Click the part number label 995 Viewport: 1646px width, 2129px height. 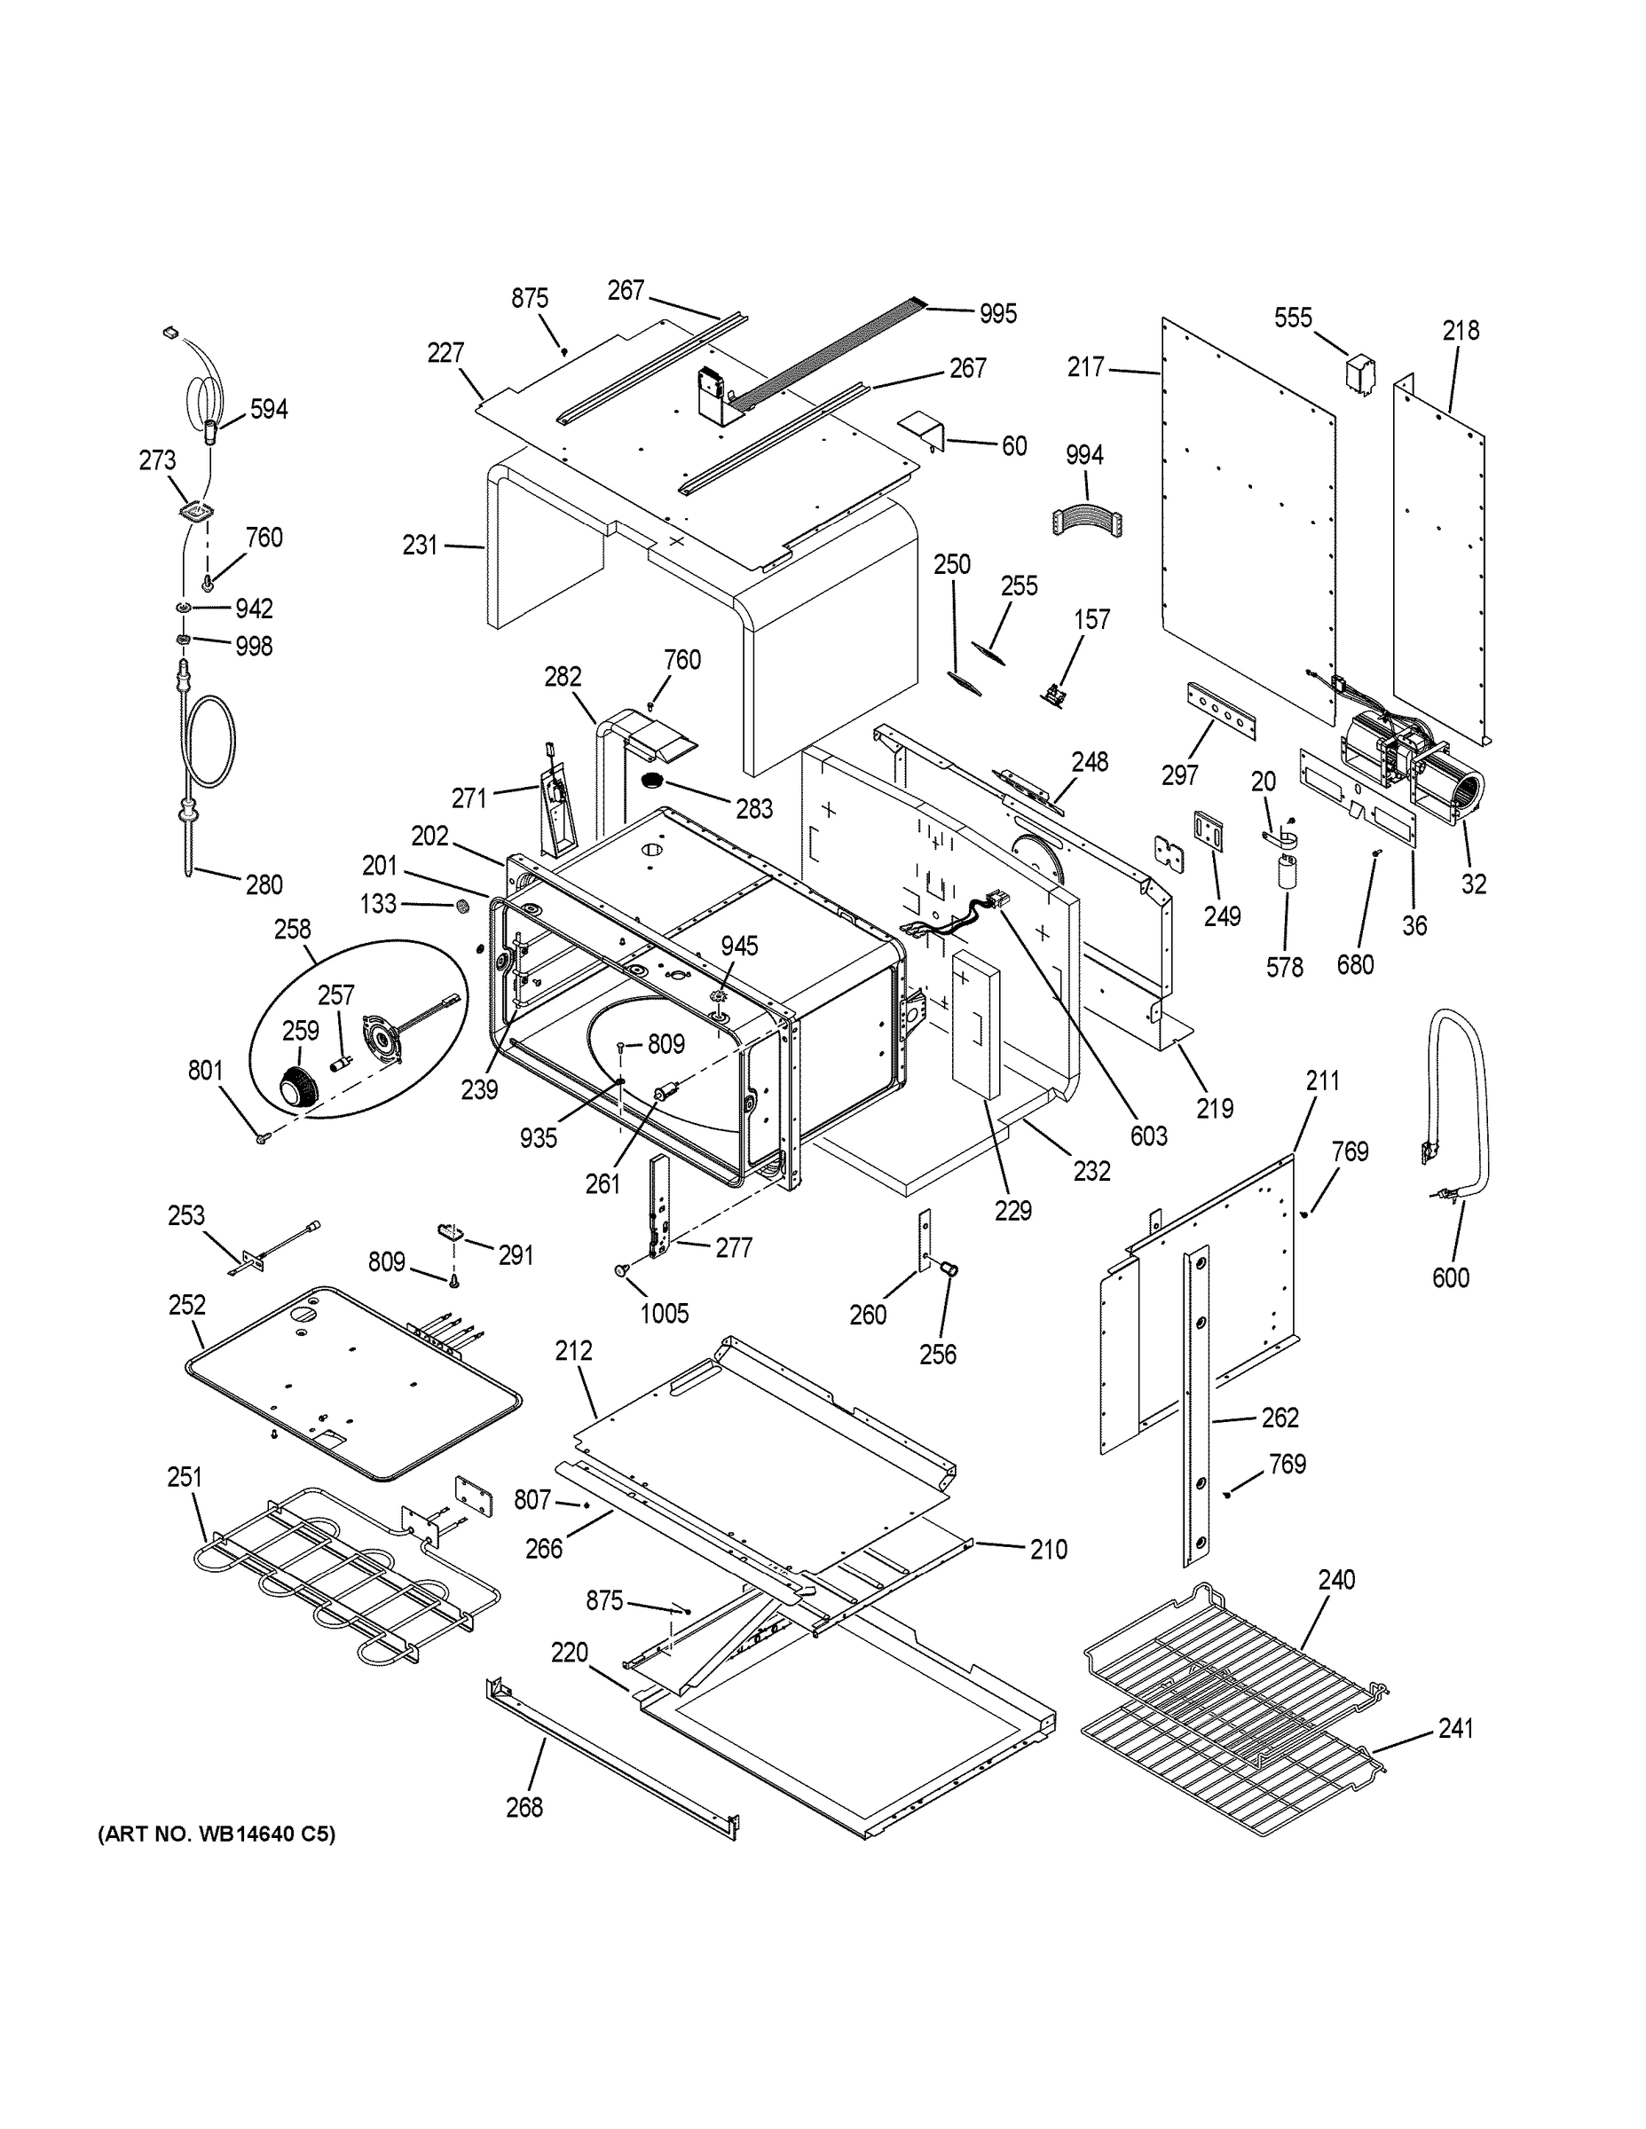point(997,313)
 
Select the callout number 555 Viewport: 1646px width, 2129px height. point(1293,318)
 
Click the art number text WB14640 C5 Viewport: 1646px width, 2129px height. point(216,1834)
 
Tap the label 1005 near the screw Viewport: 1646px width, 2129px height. point(664,1313)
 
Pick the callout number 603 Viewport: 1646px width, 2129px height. point(1149,1135)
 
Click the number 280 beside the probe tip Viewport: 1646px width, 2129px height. point(264,884)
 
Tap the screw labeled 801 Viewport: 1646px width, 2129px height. point(262,1136)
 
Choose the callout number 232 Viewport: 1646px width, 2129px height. point(1091,1171)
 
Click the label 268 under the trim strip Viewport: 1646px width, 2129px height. point(524,1807)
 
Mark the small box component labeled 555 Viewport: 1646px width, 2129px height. point(1360,374)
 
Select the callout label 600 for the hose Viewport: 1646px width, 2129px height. point(1450,1277)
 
